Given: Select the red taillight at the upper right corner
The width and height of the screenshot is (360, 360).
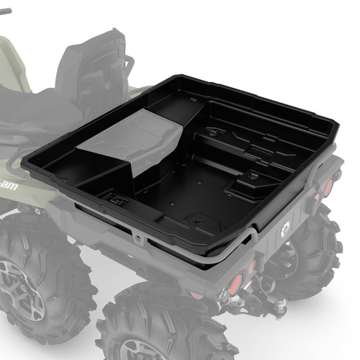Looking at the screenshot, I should coord(328,187).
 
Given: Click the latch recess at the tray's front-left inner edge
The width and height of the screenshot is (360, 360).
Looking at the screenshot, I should coord(114,197).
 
